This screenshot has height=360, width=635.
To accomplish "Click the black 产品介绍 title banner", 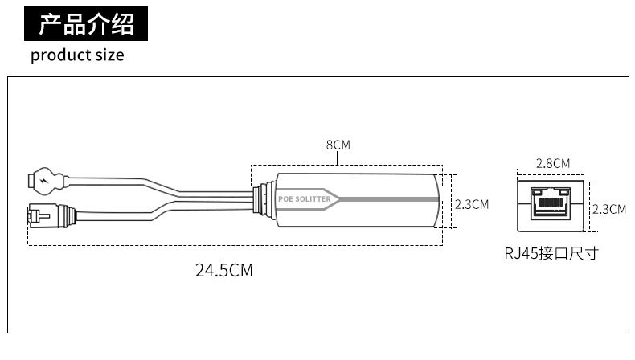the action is tap(86, 23).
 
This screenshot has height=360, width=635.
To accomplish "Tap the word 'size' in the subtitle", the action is tap(109, 55).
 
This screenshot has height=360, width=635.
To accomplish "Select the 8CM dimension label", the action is tap(338, 145).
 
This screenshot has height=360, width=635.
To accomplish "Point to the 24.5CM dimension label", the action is tap(224, 270).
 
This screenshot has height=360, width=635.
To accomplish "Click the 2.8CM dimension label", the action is tap(553, 163).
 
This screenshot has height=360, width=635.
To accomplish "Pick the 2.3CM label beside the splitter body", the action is tap(472, 204).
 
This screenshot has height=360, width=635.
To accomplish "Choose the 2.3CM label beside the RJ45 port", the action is tap(609, 209).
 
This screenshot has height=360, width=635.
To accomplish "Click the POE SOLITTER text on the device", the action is tap(305, 198).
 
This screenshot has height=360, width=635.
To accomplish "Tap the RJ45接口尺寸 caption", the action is tap(551, 253).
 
